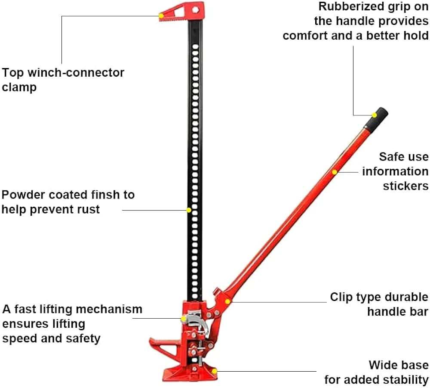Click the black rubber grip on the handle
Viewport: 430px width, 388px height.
pos(377,118)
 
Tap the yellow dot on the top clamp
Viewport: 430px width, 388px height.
pos(161,16)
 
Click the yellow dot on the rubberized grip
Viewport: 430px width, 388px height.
pos(374,115)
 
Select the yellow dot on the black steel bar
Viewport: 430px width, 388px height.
pos(188,210)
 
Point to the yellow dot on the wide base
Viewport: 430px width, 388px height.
pos(215,371)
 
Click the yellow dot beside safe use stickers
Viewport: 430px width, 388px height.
pos(334,172)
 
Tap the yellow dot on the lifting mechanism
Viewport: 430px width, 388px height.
pos(184,319)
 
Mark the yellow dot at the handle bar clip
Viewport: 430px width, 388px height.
pos(227,301)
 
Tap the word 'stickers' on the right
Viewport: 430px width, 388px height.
pos(405,186)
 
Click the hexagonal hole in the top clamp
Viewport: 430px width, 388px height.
pos(195,9)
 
